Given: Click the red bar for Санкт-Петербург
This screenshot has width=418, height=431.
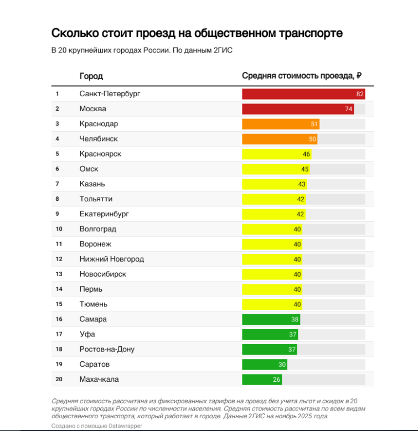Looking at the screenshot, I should (299, 94).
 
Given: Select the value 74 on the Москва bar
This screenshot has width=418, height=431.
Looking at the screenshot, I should (349, 109).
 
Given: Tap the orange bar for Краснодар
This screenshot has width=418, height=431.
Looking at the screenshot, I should (277, 124).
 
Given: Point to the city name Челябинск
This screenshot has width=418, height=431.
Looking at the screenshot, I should (99, 139).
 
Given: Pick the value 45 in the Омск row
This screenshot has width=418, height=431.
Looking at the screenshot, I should (305, 169).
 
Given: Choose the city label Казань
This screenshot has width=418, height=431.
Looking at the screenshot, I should (92, 184).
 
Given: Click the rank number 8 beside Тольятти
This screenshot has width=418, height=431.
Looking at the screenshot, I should (58, 199).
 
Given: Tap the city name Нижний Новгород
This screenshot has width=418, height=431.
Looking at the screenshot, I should (112, 259).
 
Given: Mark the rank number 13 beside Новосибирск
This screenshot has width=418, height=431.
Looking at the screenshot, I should (59, 274).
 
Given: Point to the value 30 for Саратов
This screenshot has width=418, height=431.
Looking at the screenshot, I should (282, 365).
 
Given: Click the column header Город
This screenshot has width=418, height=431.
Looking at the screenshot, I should (91, 76).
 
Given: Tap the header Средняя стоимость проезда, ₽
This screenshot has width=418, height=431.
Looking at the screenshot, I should (302, 76).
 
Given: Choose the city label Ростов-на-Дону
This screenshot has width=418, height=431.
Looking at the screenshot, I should (107, 350).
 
